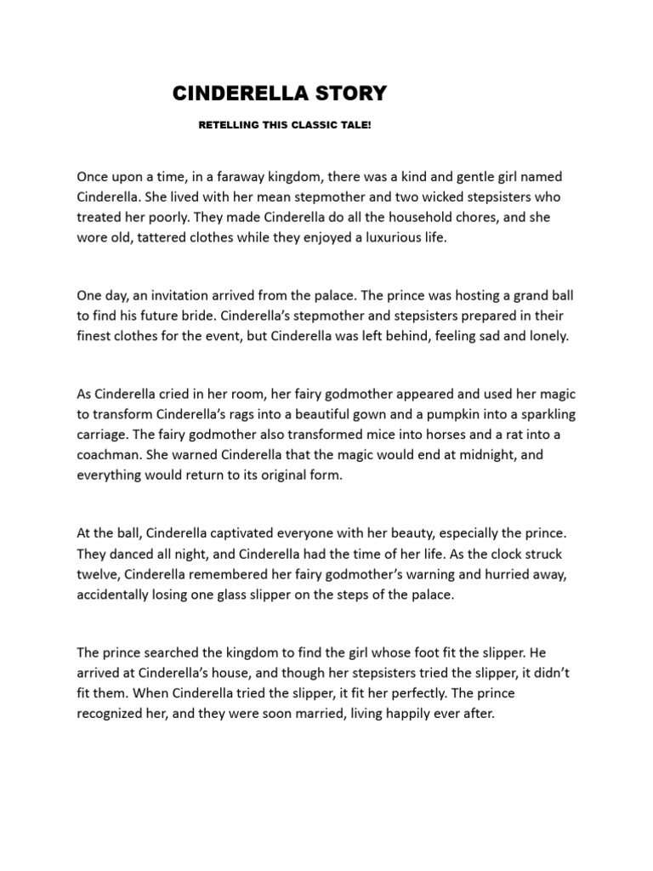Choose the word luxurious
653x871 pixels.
384,239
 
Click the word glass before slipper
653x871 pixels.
269,595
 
